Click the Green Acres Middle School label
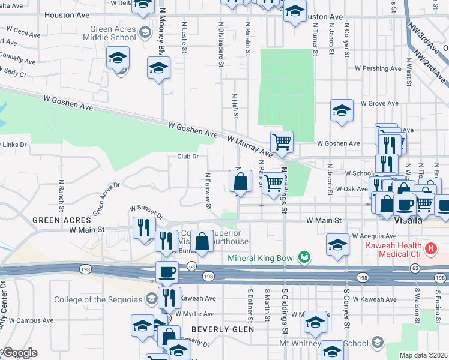pyautogui.click(x=113, y=33)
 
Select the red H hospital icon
pyautogui.click(x=429, y=248)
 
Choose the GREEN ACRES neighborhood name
pyautogui.click(x=62, y=220)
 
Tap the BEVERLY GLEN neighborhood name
pyautogui.click(x=218, y=329)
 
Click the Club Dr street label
pyautogui.click(x=187, y=157)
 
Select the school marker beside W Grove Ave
pyautogui.click(x=342, y=111)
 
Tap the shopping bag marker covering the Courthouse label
pyautogui.click(x=203, y=241)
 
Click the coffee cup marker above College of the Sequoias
pyautogui.click(x=167, y=272)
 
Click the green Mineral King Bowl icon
pyautogui.click(x=305, y=257)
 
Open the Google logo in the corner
pyautogui.click(x=20, y=353)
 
